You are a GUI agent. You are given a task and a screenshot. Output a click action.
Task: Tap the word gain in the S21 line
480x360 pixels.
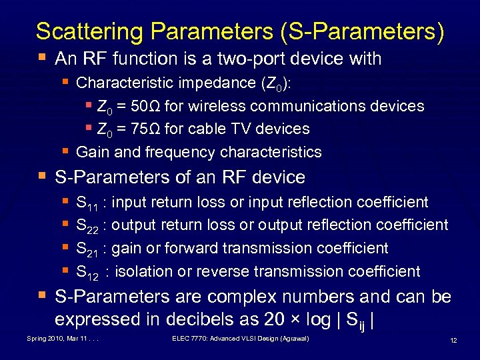coord(128,249)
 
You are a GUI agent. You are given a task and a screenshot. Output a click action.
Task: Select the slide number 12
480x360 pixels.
coord(453,341)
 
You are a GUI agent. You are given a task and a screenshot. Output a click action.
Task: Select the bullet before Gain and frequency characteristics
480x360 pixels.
coord(67,151)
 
